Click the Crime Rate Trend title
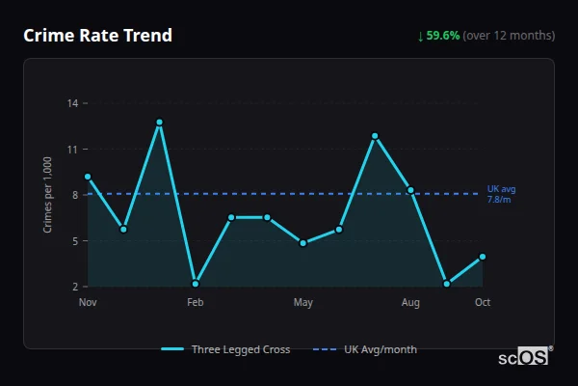pyautogui.click(x=97, y=36)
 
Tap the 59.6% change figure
pyautogui.click(x=444, y=36)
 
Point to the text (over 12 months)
pyautogui.click(x=509, y=36)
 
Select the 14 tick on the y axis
pyautogui.click(x=74, y=103)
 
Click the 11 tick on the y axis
pyautogui.click(x=74, y=150)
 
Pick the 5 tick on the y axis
pyautogui.click(x=76, y=241)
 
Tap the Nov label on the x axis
pyautogui.click(x=88, y=303)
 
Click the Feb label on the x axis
pyautogui.click(x=196, y=303)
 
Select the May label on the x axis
pyautogui.click(x=303, y=303)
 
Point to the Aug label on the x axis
pyautogui.click(x=410, y=303)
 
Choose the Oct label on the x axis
pyautogui.click(x=483, y=303)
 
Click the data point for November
pyautogui.click(x=88, y=177)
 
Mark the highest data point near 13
pyautogui.click(x=159, y=123)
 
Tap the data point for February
pyautogui.click(x=196, y=284)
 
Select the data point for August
pyautogui.click(x=410, y=190)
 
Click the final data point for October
pyautogui.click(x=483, y=257)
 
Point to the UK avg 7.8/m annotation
pyautogui.click(x=501, y=194)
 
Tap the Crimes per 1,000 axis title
pyautogui.click(x=48, y=195)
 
